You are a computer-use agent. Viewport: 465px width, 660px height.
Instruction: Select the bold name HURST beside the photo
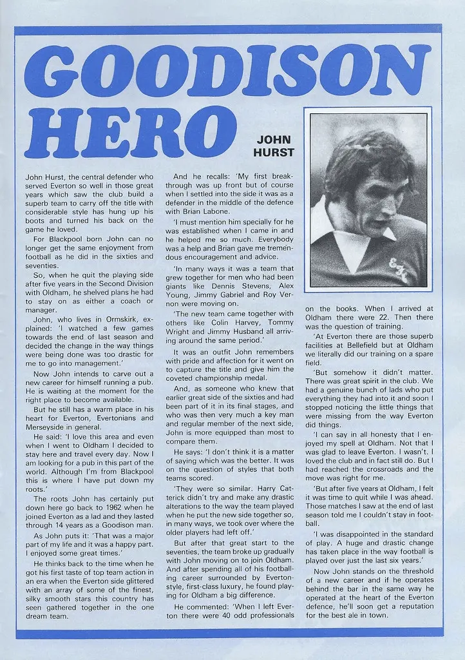tap(275, 152)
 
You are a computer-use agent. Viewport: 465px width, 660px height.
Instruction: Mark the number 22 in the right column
tap(388, 318)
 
